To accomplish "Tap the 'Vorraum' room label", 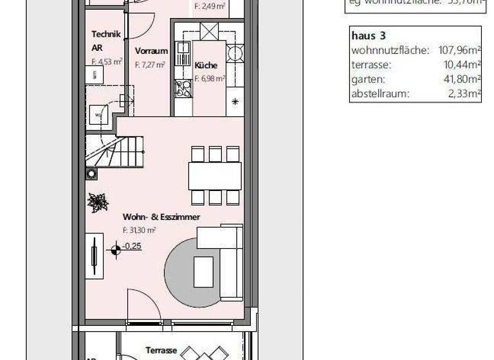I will (151, 51).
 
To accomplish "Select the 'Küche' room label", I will (205, 66).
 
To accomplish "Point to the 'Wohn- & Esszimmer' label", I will (161, 217).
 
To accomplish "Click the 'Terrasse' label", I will (161, 350).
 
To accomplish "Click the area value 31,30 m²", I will (140, 230).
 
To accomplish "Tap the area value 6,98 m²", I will (209, 79).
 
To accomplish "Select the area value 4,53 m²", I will (107, 62).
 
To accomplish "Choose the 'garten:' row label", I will (368, 80).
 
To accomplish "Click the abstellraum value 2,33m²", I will (464, 94).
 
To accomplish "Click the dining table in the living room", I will (215, 175).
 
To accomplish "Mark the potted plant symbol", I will (98, 203).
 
